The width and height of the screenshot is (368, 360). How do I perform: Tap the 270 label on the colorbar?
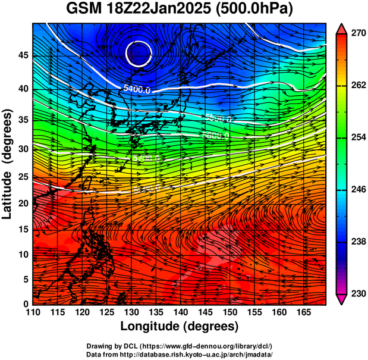[357, 34]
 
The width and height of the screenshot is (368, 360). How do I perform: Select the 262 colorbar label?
[357, 86]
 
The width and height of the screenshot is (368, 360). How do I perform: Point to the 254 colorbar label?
[357, 137]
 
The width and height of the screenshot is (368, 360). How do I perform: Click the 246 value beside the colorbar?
[357, 190]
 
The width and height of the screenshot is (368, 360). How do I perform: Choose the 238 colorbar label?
[357, 242]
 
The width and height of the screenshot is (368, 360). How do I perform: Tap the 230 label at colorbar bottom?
[357, 293]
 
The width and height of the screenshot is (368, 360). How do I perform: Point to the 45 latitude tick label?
[23, 55]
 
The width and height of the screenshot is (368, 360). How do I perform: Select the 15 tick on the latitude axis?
[23, 229]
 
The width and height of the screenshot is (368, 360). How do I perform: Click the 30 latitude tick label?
[23, 148]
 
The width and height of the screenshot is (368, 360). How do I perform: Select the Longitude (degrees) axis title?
[180, 326]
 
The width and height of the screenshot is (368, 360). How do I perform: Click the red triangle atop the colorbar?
[342, 28]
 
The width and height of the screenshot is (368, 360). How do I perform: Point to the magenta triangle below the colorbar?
[342, 299]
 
